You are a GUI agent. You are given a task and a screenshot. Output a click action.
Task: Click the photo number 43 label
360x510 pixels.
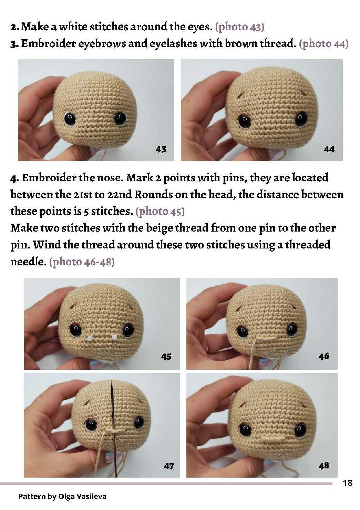161,149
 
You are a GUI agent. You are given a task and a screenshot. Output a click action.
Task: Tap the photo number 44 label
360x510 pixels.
329,149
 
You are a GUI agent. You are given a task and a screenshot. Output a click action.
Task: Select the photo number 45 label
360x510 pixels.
166,357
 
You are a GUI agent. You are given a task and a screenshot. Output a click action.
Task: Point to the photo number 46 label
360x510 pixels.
324,356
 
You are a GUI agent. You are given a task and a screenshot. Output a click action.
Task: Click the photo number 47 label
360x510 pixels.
168,466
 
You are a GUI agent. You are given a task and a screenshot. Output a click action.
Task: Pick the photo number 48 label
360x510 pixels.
324,466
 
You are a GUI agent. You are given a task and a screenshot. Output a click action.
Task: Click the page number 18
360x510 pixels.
348,483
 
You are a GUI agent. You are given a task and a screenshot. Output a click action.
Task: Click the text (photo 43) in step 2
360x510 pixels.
240,27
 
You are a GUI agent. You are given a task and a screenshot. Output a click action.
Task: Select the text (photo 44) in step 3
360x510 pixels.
323,43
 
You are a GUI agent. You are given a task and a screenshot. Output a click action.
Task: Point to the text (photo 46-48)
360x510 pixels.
82,262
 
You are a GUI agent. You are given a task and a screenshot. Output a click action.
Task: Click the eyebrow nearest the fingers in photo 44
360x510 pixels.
239,95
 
